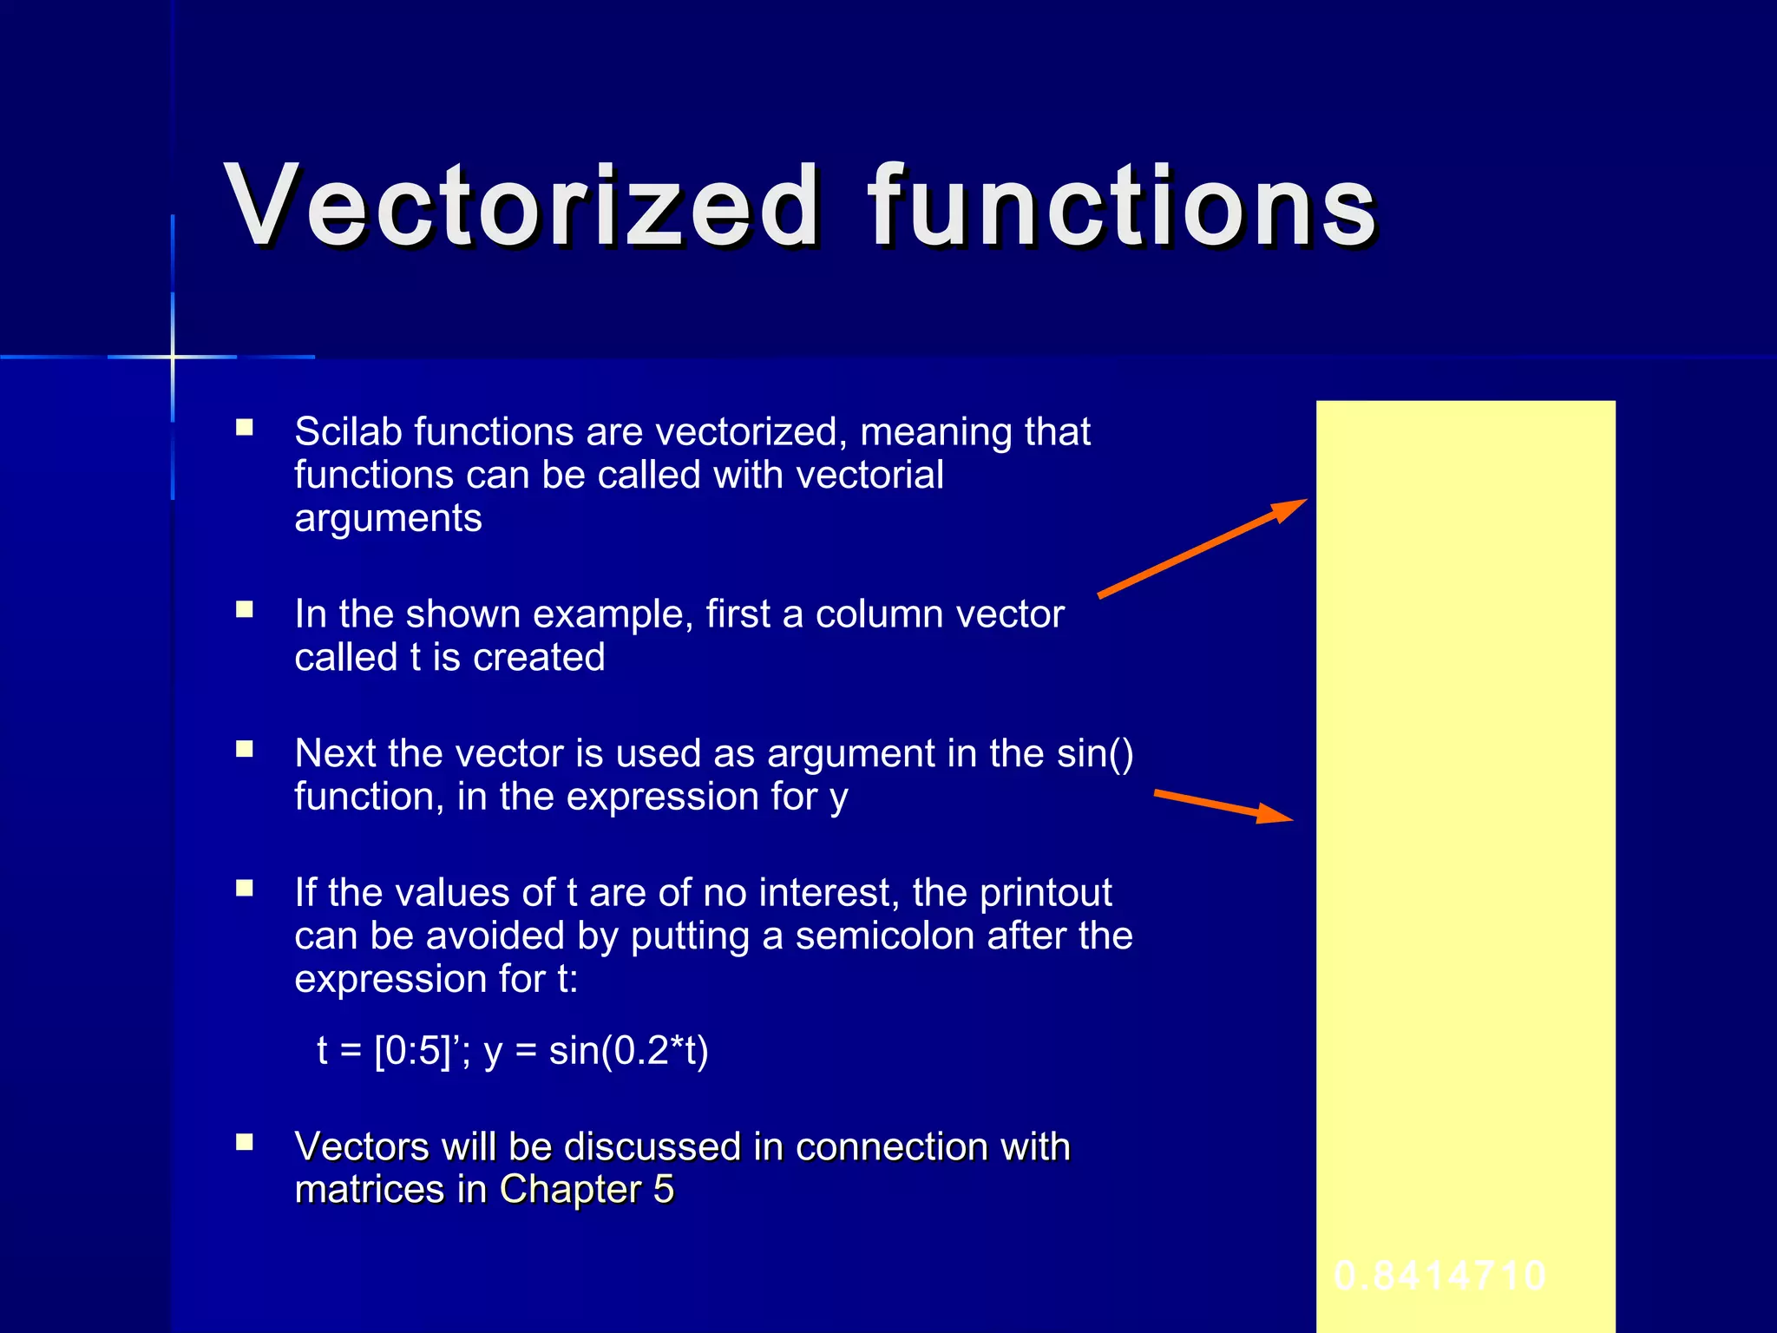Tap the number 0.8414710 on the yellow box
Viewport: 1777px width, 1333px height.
(1439, 1276)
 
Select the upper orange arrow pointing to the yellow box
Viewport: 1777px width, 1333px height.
(1203, 548)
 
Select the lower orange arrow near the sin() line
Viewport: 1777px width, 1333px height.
(1223, 805)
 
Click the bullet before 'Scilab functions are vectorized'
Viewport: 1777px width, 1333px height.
(245, 427)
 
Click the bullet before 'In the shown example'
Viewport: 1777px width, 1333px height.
(245, 609)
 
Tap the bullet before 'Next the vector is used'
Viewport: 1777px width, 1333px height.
(245, 749)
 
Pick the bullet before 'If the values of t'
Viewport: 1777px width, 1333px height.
(245, 888)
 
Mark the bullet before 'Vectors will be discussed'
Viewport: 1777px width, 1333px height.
(245, 1142)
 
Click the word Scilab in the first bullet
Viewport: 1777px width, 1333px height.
(347, 431)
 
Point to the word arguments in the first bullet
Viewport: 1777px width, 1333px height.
(388, 519)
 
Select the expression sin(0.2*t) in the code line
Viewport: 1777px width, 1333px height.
(628, 1051)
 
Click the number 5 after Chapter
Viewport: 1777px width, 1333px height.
(664, 1190)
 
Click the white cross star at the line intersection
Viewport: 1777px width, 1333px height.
(173, 357)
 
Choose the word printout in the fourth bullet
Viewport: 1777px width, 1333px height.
(1046, 893)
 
